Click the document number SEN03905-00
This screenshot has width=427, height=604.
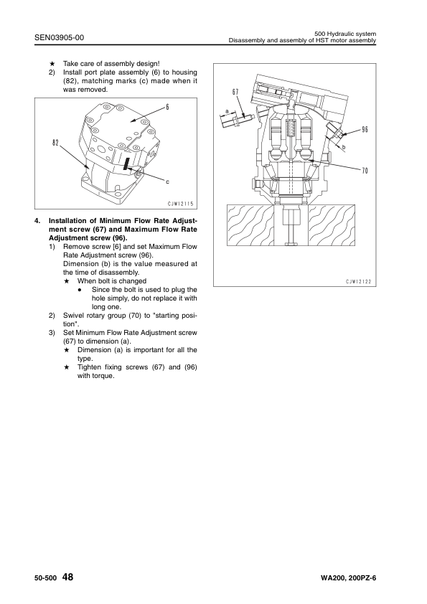[x=59, y=37]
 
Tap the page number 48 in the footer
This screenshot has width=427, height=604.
[x=67, y=577]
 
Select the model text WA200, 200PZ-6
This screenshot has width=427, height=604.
[x=348, y=578]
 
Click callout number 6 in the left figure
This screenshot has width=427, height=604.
[x=168, y=107]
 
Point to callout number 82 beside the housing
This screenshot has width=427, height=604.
[x=55, y=143]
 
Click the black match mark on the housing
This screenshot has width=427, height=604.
[x=126, y=163]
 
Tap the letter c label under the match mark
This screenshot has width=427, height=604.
[x=167, y=181]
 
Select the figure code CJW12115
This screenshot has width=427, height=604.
[x=180, y=204]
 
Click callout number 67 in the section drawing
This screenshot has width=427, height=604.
[x=235, y=92]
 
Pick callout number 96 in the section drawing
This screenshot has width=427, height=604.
[x=365, y=129]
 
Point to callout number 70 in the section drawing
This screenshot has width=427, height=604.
[x=365, y=170]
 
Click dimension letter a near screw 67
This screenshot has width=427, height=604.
[x=227, y=111]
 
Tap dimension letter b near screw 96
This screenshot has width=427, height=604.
[x=344, y=147]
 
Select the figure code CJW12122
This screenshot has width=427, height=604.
[x=358, y=282]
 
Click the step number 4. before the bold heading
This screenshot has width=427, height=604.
[x=37, y=221]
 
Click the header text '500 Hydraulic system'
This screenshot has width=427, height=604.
[x=345, y=34]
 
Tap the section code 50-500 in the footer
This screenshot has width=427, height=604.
[x=46, y=578]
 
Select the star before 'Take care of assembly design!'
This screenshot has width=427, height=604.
[x=52, y=64]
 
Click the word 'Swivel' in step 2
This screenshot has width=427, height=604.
[x=73, y=316]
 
